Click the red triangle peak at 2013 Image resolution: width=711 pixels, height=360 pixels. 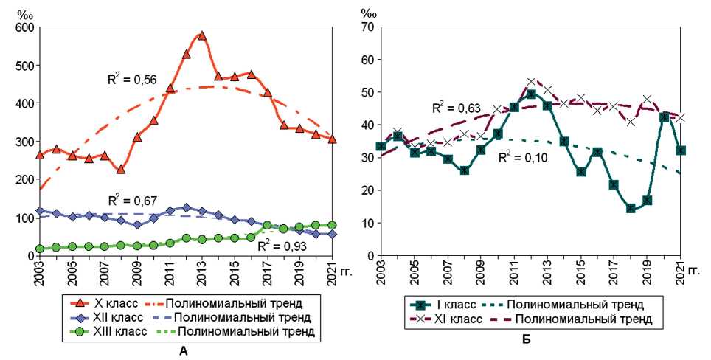[x=201, y=35]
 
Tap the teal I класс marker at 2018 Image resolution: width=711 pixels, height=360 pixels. [x=631, y=208]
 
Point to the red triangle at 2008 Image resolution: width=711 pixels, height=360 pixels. [x=121, y=169]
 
